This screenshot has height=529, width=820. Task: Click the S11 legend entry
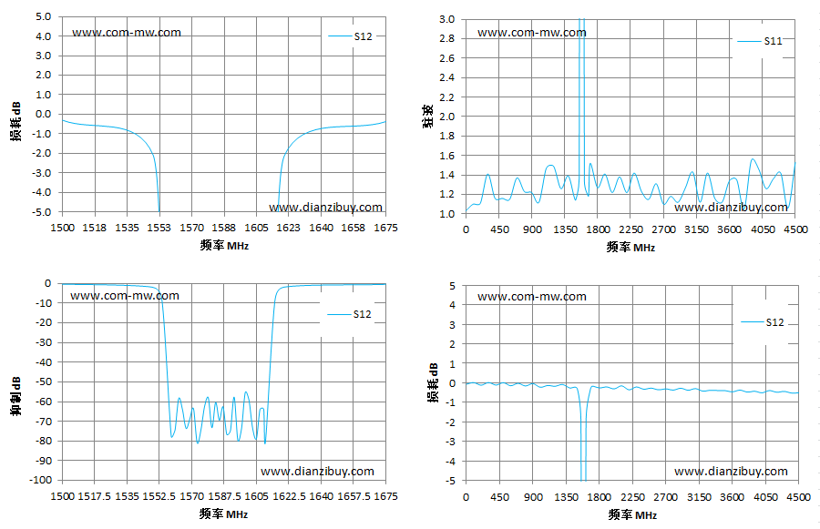click(x=759, y=41)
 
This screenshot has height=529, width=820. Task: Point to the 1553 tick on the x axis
click(x=159, y=228)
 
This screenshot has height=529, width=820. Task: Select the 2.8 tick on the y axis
click(x=447, y=38)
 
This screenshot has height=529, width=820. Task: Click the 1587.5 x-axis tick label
click(x=224, y=496)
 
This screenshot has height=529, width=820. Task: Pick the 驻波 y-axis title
click(x=428, y=116)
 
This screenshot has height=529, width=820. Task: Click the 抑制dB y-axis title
click(x=16, y=396)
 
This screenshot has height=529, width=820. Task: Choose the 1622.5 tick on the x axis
click(x=289, y=496)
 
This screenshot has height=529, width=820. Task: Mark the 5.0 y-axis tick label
click(x=44, y=16)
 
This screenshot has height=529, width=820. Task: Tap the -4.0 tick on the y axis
click(x=42, y=192)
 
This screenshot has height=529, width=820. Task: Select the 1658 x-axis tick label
click(x=353, y=228)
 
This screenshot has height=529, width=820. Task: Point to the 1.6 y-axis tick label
click(x=447, y=156)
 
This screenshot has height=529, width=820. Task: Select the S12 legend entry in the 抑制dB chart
click(x=349, y=314)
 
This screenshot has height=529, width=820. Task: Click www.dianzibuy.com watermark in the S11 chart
click(x=731, y=208)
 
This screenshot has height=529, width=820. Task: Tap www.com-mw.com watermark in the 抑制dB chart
click(x=125, y=296)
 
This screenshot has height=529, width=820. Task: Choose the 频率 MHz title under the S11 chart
click(x=630, y=248)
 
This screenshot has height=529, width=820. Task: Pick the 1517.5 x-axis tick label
click(x=94, y=496)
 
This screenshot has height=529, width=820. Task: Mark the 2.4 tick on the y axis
click(x=447, y=78)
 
